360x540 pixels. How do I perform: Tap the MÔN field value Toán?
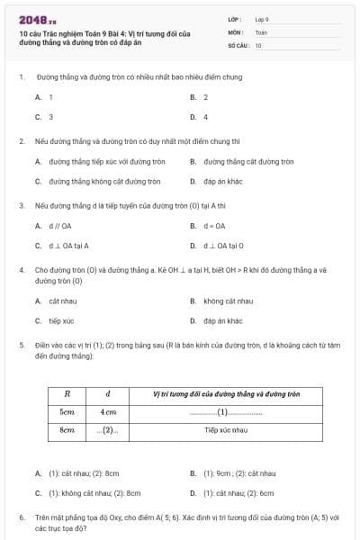pos(261,31)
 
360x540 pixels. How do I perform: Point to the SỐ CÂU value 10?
pos(258,45)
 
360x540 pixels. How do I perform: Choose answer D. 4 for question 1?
pos(200,117)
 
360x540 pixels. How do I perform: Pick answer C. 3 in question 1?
pos(45,117)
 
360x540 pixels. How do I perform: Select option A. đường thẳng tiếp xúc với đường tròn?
pos(100,162)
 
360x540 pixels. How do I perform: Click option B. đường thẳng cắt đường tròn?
pos(243,162)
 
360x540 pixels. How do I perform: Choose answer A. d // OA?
pos(54,226)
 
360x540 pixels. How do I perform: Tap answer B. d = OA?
pos(208,226)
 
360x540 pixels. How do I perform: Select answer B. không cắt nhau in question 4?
pos(222,301)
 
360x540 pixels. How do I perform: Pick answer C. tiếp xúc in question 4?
pos(55,320)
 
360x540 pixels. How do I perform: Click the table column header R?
pos(67,393)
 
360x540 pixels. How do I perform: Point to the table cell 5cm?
pos(67,411)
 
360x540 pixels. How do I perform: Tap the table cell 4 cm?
pos(108,411)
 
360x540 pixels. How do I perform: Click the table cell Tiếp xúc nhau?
pos(226,430)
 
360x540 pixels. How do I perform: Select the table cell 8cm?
pos(67,430)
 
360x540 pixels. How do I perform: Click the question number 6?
pos(21,517)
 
